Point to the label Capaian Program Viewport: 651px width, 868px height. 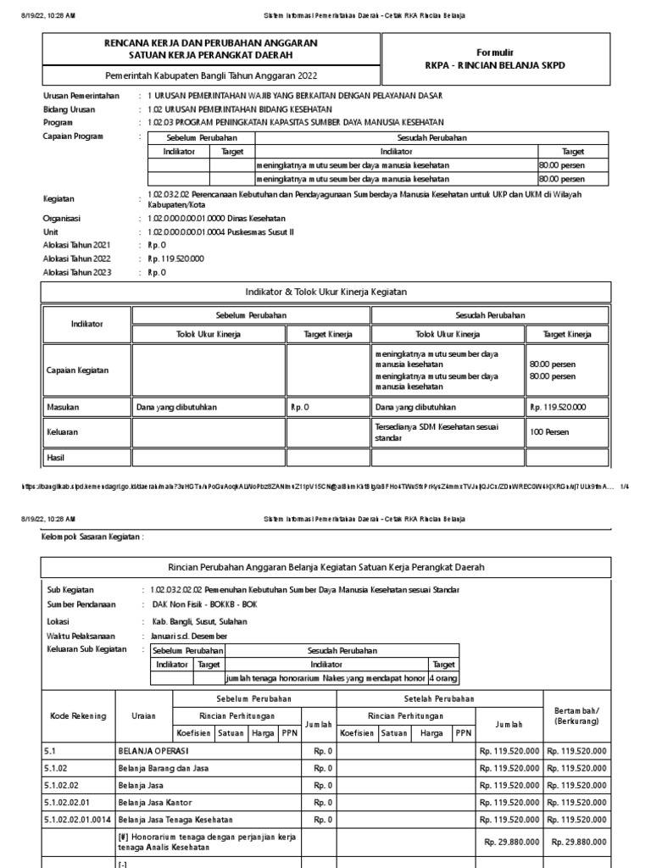73,136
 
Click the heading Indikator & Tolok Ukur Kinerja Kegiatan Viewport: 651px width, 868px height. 325,292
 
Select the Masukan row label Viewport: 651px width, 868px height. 63,407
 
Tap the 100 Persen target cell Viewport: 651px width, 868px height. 548,432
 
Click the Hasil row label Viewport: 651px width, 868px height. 56,458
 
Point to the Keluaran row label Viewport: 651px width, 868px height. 63,432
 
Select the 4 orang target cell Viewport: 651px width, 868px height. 442,679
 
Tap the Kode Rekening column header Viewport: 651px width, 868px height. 76,715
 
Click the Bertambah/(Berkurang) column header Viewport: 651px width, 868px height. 576,715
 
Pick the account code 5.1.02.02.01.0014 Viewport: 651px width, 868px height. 77,820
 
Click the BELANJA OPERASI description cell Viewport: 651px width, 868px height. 153,751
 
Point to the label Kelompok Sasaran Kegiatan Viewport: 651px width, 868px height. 92,537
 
